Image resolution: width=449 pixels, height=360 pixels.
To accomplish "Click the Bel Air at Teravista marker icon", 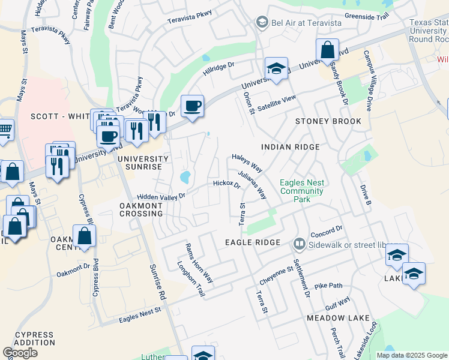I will click(x=261, y=23).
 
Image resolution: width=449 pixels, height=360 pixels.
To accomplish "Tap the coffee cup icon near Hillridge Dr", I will click(x=192, y=106).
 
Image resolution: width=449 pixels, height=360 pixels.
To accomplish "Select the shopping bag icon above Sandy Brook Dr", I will click(x=328, y=50).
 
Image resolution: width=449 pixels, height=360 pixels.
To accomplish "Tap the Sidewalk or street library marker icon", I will click(x=298, y=244).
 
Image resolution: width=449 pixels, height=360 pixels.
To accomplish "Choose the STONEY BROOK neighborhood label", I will click(x=328, y=121).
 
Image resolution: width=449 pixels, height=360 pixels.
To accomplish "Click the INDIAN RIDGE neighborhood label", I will click(x=290, y=147).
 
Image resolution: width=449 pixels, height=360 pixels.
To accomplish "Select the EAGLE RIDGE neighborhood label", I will click(x=253, y=242).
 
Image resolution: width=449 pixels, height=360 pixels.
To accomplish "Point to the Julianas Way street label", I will click(x=252, y=185).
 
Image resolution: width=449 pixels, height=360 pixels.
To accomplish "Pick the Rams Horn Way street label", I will click(x=199, y=262).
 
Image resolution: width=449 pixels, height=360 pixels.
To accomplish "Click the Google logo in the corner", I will click(x=20, y=353).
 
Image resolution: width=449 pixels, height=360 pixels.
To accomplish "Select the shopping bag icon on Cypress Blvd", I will click(x=85, y=236).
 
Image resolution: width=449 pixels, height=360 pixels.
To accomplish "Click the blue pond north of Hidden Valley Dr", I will click(x=185, y=177).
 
